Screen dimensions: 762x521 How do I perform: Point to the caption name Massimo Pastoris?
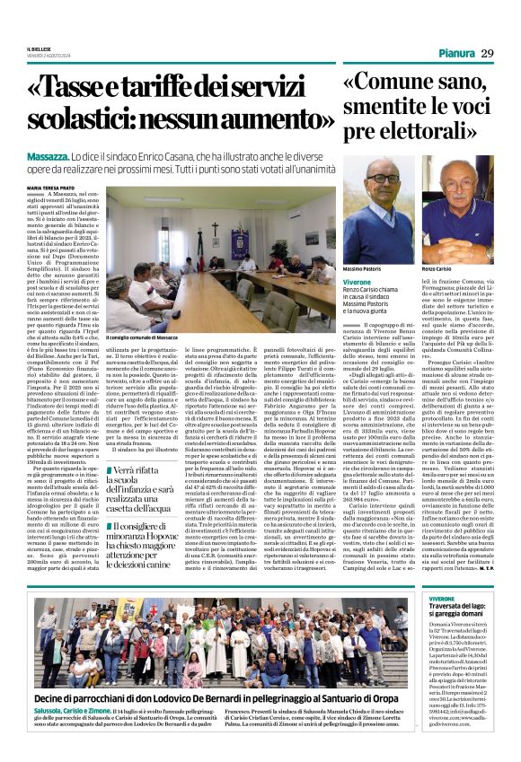pyautogui.click(x=362, y=268)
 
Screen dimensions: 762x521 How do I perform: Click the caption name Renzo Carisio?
pyautogui.click(x=436, y=268)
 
